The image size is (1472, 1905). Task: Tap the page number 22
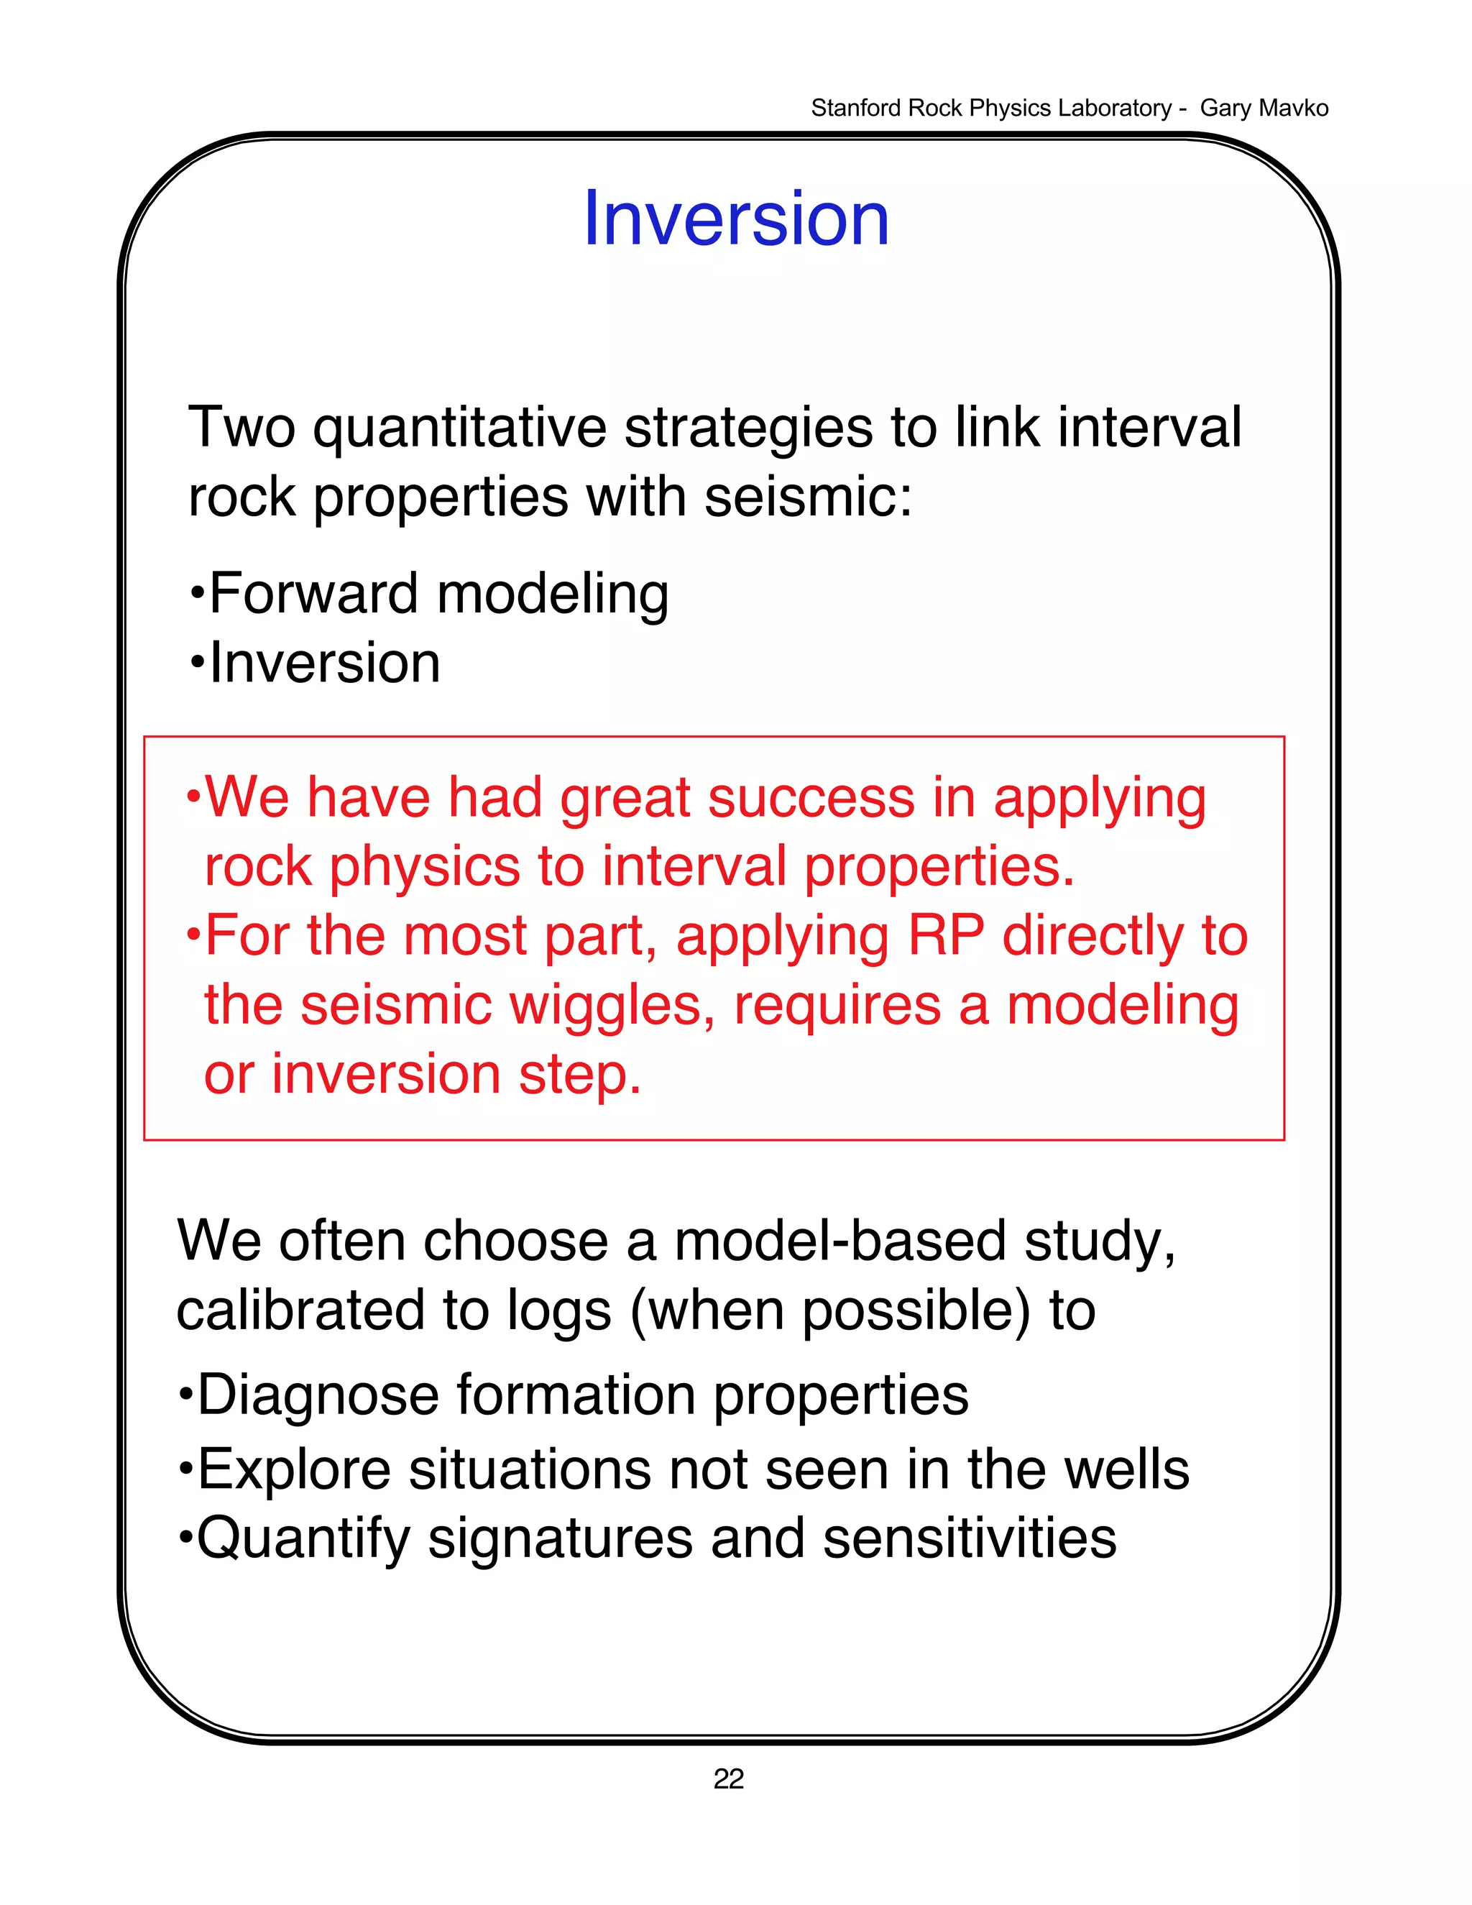point(728,1778)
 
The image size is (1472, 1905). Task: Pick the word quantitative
point(459,429)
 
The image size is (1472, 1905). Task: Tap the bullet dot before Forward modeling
point(197,594)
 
